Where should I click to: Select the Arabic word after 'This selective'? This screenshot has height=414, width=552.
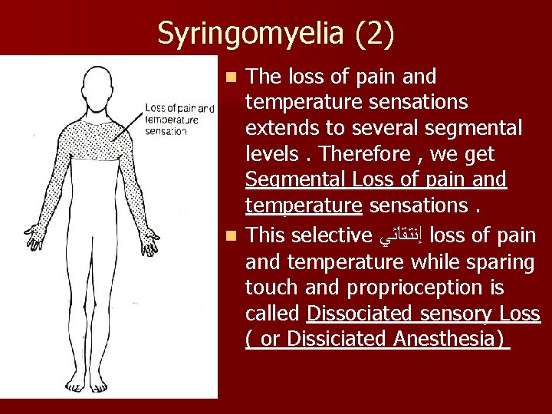pos(409,235)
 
